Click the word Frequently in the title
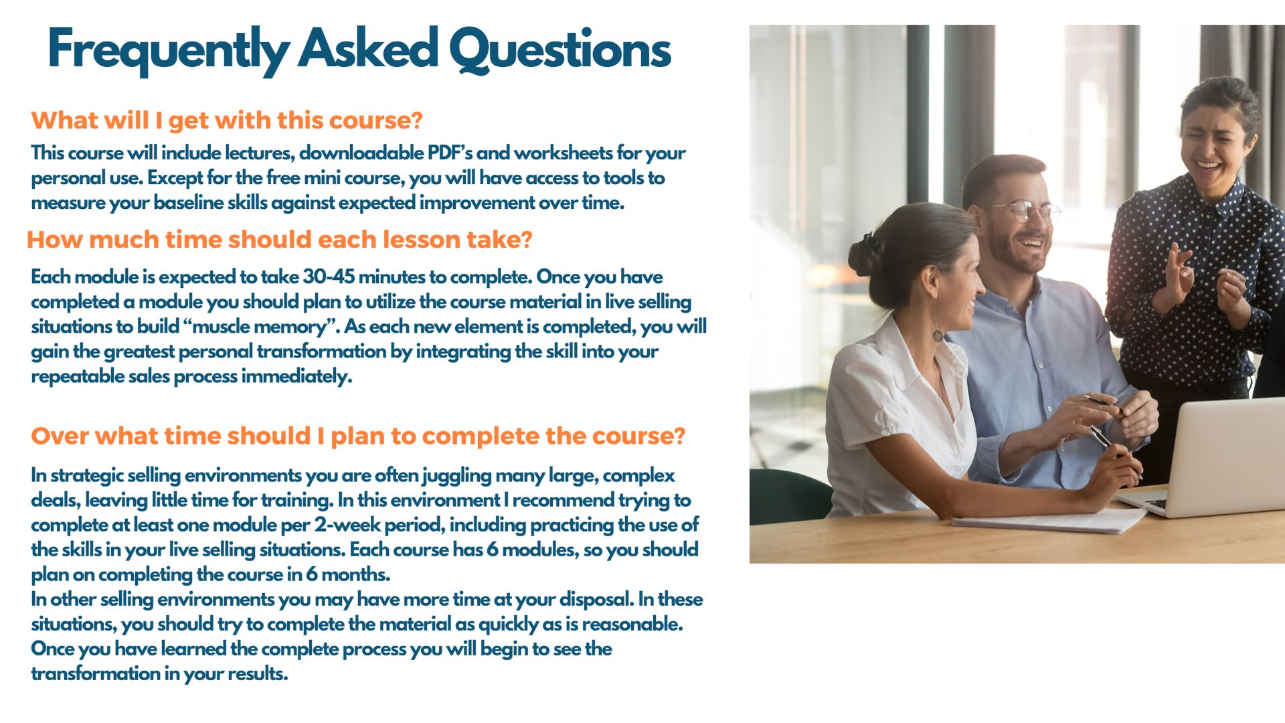(168, 51)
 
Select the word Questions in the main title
(560, 51)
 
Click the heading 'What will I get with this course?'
(227, 120)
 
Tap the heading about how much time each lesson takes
(280, 239)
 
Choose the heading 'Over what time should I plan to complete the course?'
(358, 436)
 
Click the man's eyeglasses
(1023, 210)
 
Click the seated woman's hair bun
(863, 255)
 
